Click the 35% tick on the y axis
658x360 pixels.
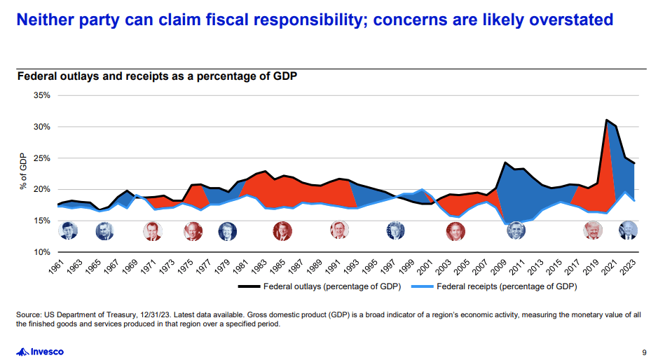(x=41, y=95)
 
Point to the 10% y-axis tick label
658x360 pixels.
(x=41, y=251)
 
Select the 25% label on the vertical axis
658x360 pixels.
(x=41, y=158)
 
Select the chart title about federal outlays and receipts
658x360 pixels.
(x=157, y=76)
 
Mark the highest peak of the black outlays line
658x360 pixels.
(x=606, y=120)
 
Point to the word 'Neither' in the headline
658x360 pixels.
(x=43, y=19)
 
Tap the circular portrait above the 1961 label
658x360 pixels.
(x=68, y=230)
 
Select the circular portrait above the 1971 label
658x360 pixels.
(x=151, y=230)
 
